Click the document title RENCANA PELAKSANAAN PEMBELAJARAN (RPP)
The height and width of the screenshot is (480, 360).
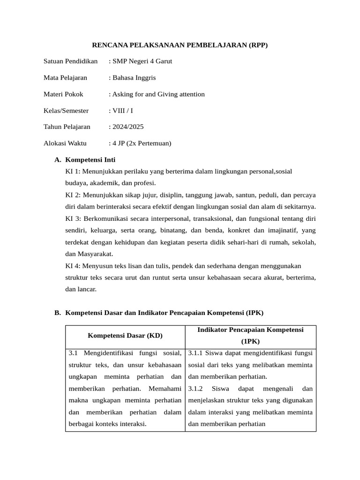click(180, 45)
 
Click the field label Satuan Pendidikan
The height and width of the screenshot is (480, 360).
click(70, 61)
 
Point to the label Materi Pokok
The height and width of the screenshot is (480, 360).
click(63, 94)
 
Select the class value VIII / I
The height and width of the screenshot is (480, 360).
click(121, 111)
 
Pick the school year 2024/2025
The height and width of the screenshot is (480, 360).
click(127, 127)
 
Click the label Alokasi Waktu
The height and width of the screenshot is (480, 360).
click(65, 143)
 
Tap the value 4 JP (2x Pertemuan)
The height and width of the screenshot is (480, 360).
click(141, 143)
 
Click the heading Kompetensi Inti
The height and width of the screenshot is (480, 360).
click(90, 160)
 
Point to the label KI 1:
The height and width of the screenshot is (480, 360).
click(73, 172)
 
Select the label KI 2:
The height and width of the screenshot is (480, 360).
click(73, 195)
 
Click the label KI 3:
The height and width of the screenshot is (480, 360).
click(73, 218)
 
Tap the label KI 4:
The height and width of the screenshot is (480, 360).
click(73, 266)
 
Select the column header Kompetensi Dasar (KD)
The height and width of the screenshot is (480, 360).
click(125, 336)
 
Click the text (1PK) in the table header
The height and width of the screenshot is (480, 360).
click(250, 342)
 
